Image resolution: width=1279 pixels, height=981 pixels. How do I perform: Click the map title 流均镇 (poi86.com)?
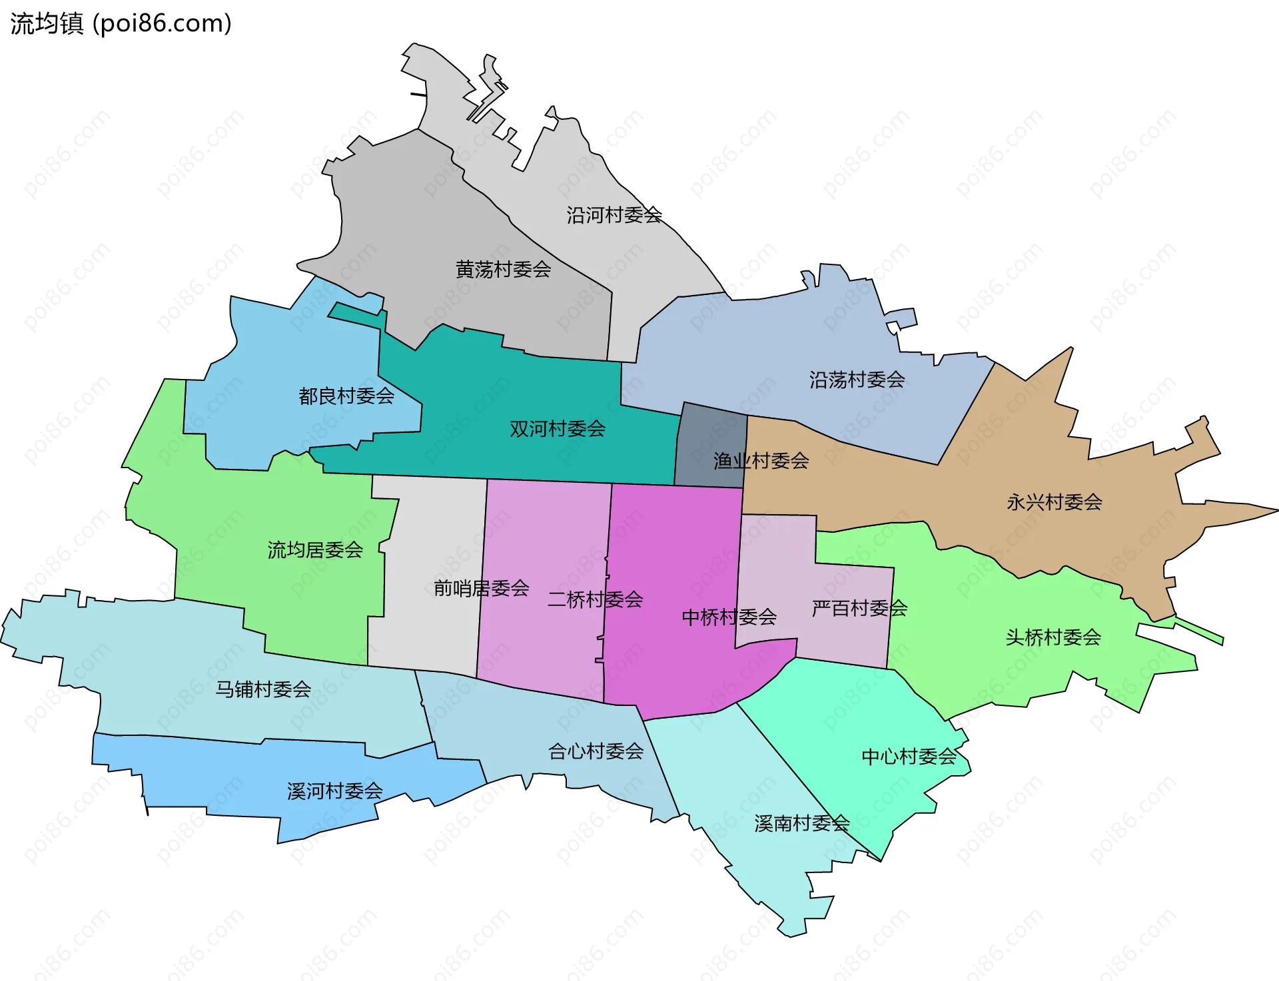(x=121, y=23)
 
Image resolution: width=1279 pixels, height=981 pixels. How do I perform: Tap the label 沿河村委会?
(x=614, y=215)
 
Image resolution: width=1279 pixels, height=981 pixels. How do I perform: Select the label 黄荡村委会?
(x=503, y=269)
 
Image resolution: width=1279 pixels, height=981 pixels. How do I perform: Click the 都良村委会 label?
(x=346, y=396)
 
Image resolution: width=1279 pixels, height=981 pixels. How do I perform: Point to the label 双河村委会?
(x=558, y=429)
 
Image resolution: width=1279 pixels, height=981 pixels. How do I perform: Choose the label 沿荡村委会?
(x=857, y=380)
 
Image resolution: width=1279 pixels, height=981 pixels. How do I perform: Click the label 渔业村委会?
(x=761, y=460)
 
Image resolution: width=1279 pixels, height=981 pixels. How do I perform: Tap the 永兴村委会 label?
(x=1054, y=502)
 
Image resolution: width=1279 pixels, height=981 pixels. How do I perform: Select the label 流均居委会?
(x=315, y=550)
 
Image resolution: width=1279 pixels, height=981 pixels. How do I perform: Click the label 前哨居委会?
(x=481, y=588)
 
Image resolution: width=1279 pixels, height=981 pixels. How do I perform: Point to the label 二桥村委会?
(x=595, y=599)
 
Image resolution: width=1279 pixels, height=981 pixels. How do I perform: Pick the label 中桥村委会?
(x=729, y=617)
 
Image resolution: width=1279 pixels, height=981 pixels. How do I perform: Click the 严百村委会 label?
(x=859, y=608)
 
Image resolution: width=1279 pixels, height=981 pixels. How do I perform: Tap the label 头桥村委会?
(x=1053, y=637)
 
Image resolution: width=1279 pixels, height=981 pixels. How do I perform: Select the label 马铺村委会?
(x=263, y=689)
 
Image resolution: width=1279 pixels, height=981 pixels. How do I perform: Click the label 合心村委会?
(x=596, y=751)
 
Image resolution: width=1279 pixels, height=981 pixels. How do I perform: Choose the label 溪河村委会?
(x=334, y=791)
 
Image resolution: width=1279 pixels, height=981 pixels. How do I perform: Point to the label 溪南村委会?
(x=801, y=823)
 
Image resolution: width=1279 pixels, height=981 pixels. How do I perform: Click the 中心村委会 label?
(x=909, y=757)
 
